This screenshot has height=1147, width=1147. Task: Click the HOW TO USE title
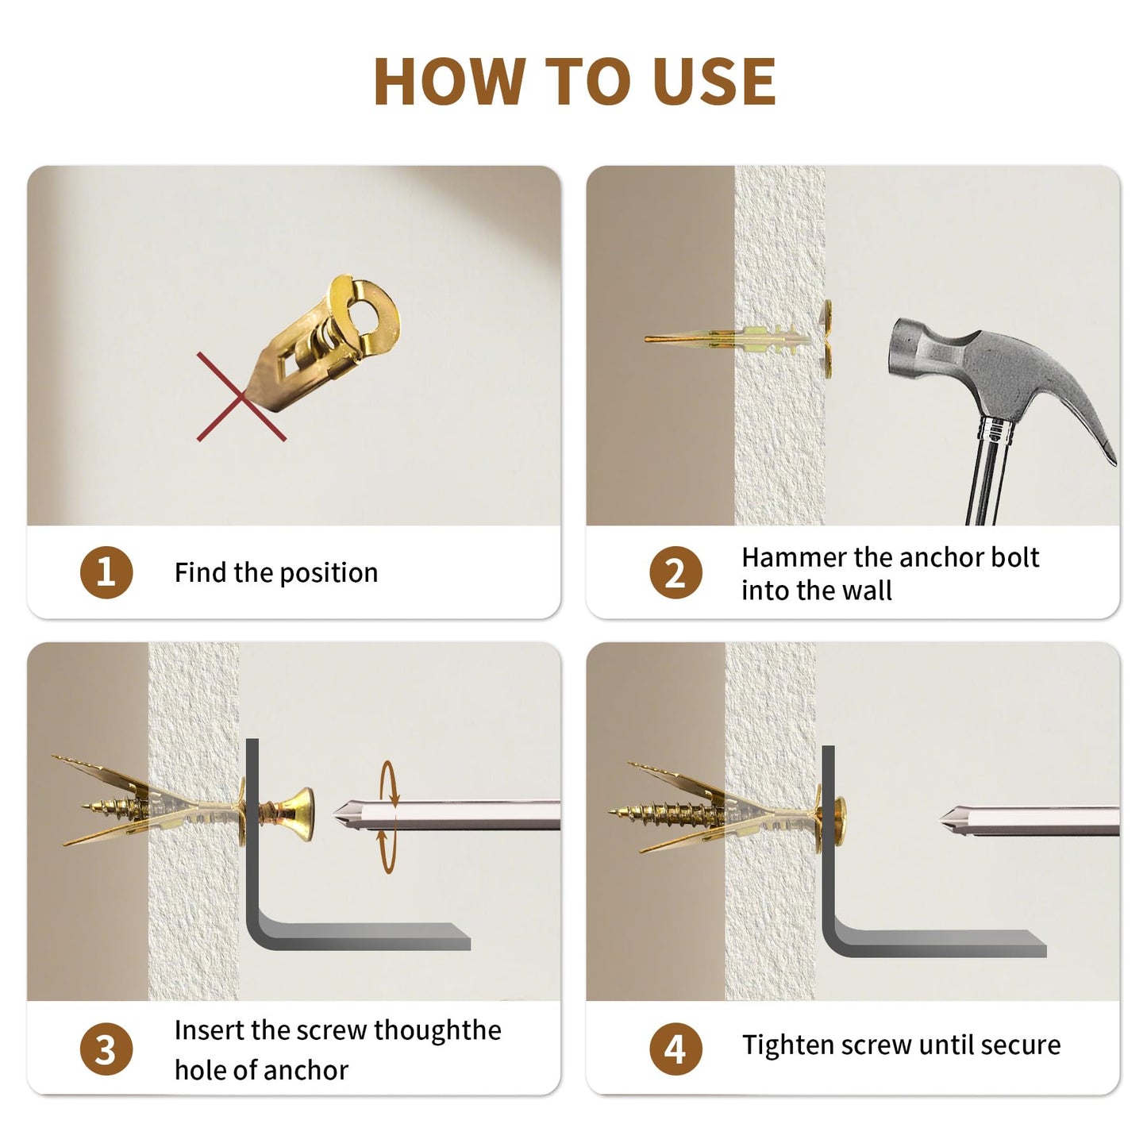point(574,81)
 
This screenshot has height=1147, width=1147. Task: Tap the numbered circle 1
point(106,572)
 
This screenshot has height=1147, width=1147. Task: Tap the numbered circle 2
point(675,572)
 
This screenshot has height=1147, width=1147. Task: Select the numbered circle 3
point(106,1049)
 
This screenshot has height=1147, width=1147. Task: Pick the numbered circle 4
point(675,1049)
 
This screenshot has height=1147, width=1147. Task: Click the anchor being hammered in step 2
point(746,340)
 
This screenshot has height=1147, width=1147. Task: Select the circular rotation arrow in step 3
point(388,818)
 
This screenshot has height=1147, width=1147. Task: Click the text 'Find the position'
point(275,572)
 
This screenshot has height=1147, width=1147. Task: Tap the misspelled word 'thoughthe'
point(437,1030)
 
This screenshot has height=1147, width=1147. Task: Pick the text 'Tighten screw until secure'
point(901,1045)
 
